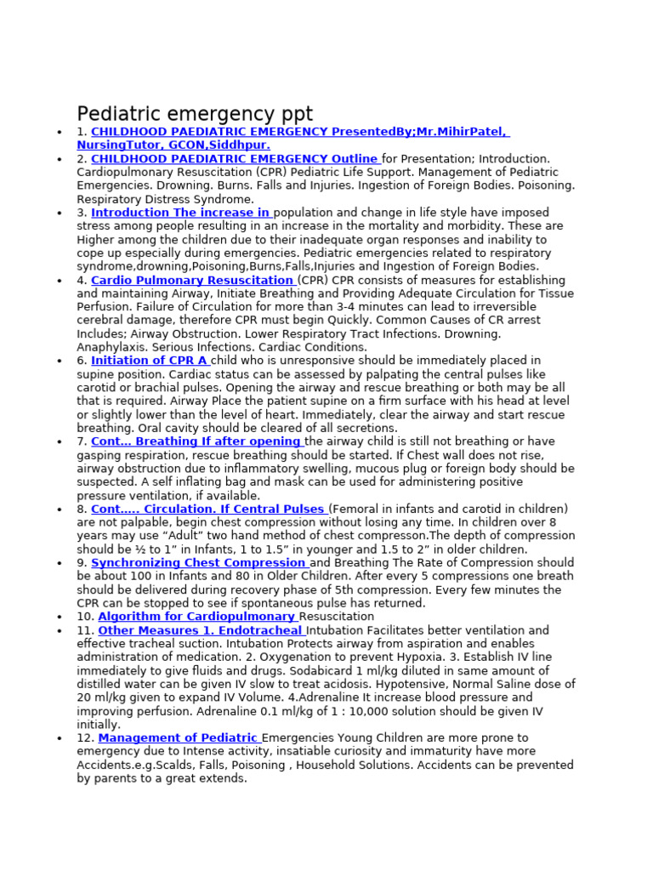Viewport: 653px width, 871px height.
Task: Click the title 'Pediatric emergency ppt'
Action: (195, 114)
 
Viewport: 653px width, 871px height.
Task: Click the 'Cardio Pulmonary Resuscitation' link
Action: (192, 280)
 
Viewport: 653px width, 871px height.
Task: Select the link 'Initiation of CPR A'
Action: (150, 361)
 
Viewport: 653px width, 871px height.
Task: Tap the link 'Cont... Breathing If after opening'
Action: (196, 441)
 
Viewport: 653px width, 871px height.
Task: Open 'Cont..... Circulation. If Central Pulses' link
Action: (207, 509)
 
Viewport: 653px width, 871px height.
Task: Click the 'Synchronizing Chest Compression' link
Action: (199, 563)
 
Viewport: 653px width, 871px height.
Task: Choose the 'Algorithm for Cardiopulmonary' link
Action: (196, 617)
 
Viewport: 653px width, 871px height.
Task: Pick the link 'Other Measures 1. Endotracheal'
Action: (201, 630)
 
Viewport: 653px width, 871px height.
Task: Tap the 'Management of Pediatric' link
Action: (178, 738)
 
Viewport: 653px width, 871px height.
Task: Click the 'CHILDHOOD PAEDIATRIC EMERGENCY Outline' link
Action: (235, 158)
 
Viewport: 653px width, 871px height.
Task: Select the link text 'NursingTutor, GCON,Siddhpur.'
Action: (173, 145)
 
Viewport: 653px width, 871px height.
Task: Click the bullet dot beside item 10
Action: (59, 618)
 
